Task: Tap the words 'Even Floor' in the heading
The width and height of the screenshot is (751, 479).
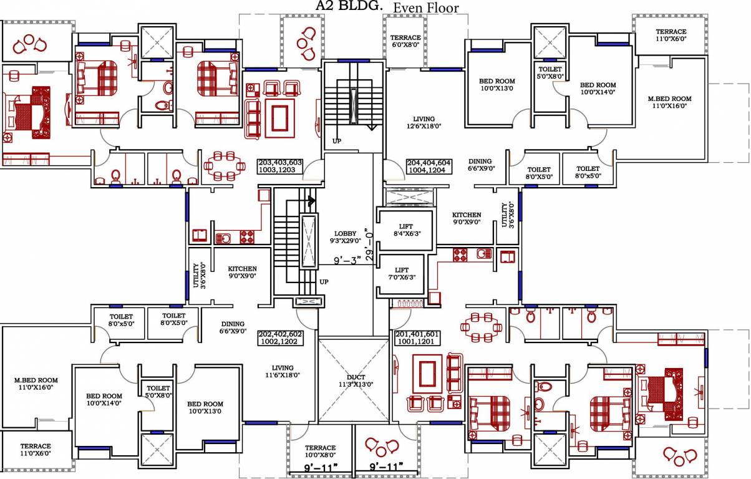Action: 425,8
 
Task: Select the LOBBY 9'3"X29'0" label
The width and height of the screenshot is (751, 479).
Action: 345,237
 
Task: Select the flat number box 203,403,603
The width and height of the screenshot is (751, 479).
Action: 279,166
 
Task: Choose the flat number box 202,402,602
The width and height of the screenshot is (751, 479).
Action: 279,338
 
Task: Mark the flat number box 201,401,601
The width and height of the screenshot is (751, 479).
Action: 417,338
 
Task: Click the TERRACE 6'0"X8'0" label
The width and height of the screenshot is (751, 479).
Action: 405,41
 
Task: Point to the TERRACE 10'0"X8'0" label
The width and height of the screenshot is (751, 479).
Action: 320,452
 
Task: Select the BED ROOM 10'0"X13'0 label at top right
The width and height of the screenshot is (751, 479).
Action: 497,85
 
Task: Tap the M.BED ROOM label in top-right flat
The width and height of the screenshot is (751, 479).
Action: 669,102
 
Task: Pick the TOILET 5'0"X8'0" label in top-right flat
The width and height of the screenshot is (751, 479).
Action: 550,72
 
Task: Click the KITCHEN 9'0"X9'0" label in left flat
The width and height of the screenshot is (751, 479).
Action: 242,272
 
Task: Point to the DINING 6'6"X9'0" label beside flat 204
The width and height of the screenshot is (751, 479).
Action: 480,165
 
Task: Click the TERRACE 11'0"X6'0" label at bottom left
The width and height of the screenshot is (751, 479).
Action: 36,450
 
